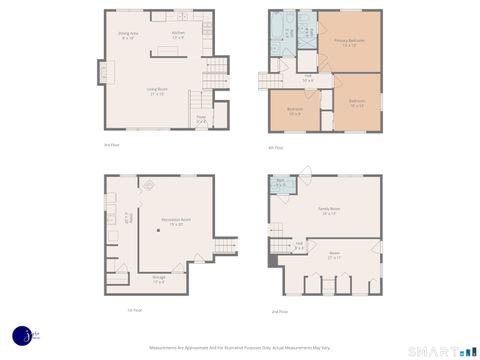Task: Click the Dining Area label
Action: coord(128,35)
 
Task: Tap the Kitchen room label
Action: coord(179,35)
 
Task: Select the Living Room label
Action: coord(157,92)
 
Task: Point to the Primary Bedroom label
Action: coord(348,43)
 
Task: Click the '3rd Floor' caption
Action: coord(112,145)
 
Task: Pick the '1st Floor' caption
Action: coord(135,310)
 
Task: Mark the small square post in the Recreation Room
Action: coord(157,231)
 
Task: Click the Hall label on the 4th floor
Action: coord(309,77)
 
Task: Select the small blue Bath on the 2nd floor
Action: coord(281,183)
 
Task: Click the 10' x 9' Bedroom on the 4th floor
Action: coord(295,111)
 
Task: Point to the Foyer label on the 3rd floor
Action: coord(200,120)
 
